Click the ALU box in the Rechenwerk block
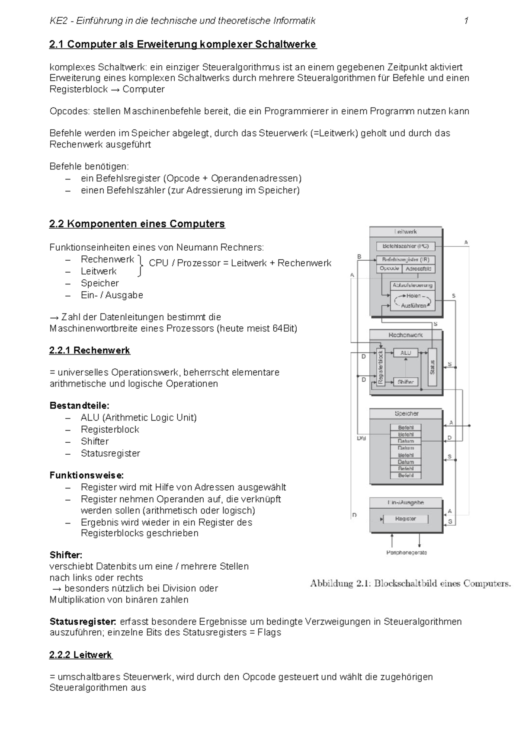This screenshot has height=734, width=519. point(405,353)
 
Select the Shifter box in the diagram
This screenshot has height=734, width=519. point(405,382)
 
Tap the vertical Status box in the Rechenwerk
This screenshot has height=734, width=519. point(432,367)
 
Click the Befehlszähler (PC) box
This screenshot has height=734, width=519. point(405,246)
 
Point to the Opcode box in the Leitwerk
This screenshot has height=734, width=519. point(389,268)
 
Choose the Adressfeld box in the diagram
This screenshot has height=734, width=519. point(418,268)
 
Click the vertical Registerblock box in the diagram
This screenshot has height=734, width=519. point(381,367)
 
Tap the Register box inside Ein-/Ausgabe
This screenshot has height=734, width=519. point(405,519)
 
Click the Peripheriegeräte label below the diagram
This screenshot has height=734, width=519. point(406,552)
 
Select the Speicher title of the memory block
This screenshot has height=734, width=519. point(406,414)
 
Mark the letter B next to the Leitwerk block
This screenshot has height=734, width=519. point(359,257)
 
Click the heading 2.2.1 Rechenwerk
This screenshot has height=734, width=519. point(90,350)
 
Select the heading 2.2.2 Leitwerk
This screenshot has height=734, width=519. point(80,655)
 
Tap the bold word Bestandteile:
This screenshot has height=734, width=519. point(80,405)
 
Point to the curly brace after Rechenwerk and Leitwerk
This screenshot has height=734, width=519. point(140,265)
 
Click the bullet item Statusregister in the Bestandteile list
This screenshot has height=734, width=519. point(110,453)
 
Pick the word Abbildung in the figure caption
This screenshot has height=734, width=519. point(331,584)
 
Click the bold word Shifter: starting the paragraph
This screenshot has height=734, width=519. point(66,555)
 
